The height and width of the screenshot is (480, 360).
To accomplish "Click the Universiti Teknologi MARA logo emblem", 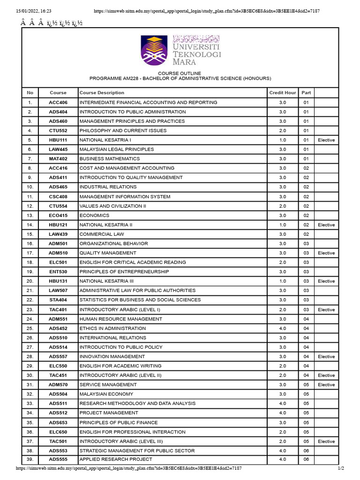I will point(154,50).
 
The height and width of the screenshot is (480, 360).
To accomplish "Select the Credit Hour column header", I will point(282,93).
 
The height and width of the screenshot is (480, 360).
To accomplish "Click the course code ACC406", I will point(58,102).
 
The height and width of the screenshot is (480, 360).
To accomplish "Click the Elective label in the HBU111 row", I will point(326,140).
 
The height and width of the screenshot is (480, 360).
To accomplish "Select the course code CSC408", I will point(58,197).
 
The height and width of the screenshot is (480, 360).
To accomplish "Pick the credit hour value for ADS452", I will point(282,329).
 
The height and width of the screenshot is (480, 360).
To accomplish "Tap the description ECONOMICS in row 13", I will point(94,216).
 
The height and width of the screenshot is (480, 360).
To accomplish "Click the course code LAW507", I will point(58,291).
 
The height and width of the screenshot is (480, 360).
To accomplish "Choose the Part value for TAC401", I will point(306,310).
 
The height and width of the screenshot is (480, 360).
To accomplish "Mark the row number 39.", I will point(30,459).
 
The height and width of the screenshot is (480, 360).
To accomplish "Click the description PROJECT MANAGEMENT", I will point(109,413).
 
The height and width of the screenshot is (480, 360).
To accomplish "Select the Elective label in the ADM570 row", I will point(326,385).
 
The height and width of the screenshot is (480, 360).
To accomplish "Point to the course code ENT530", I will point(58,272).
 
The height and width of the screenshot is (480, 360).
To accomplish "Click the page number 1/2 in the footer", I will point(341,468).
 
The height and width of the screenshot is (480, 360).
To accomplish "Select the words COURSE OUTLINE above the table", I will point(180,74).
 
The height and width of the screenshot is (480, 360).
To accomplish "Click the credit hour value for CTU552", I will point(282,131).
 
